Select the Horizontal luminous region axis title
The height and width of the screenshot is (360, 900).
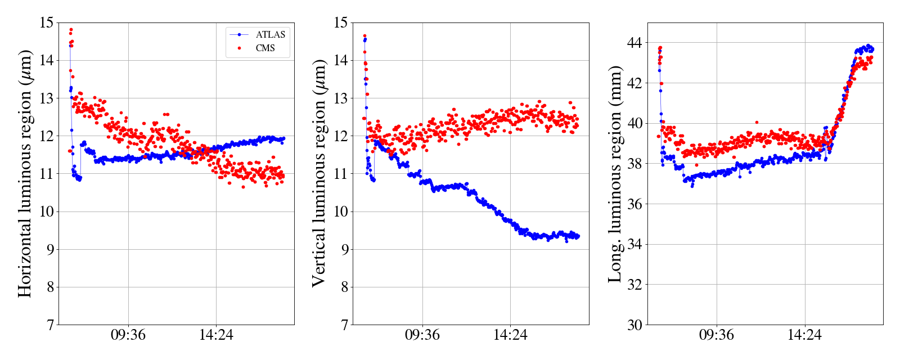(x=25, y=173)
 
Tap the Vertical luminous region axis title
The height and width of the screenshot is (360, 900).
(x=318, y=173)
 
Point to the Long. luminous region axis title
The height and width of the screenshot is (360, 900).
(x=615, y=173)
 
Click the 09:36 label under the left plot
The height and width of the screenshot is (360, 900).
(x=128, y=335)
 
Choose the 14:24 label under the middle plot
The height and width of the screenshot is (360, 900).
(x=510, y=335)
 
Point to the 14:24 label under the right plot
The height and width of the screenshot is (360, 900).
(x=804, y=335)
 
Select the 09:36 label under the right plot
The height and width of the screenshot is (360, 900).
(x=717, y=335)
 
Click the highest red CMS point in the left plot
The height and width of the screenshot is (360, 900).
(x=71, y=29)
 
